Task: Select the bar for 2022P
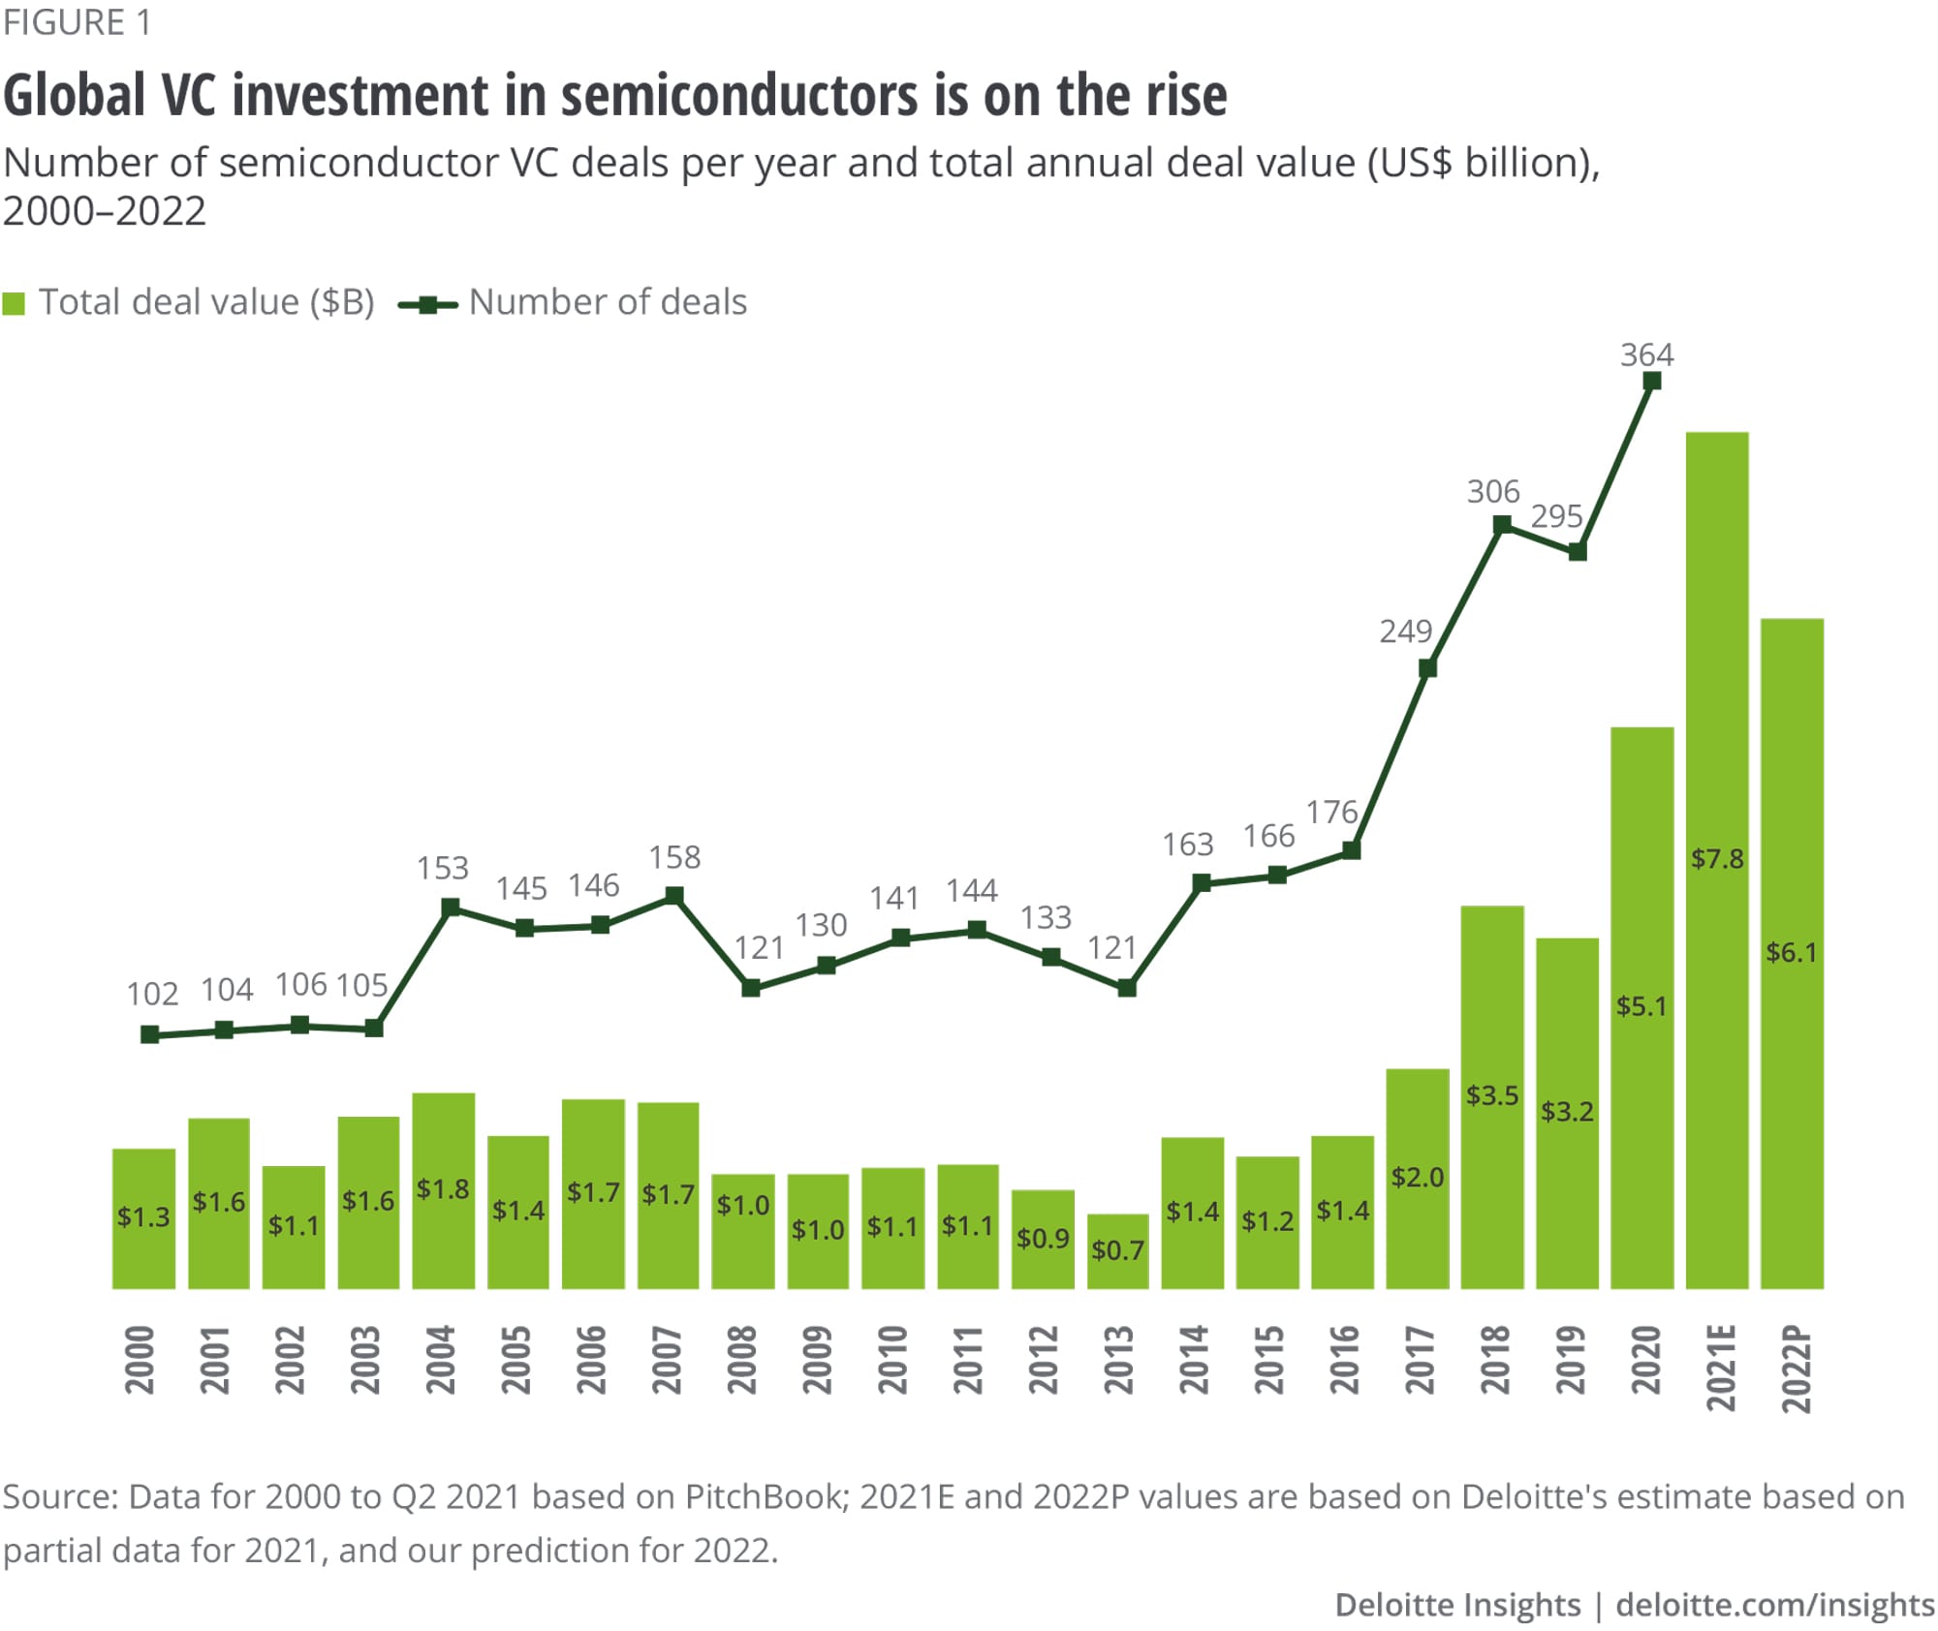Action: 1792,953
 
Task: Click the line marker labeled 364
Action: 1653,382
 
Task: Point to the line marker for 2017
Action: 1427,668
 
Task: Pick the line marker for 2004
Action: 450,908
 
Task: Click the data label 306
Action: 1493,492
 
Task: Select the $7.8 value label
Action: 1717,858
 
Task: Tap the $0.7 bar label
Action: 1117,1250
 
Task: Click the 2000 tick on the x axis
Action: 141,1360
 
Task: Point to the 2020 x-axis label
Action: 1645,1360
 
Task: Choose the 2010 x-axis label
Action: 892,1360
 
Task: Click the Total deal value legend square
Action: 14,303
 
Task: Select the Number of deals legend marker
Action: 427,305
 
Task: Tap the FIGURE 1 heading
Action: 78,22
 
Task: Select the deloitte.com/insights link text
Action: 1775,1605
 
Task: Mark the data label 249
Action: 1405,631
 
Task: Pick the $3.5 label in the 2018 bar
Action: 1492,1095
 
